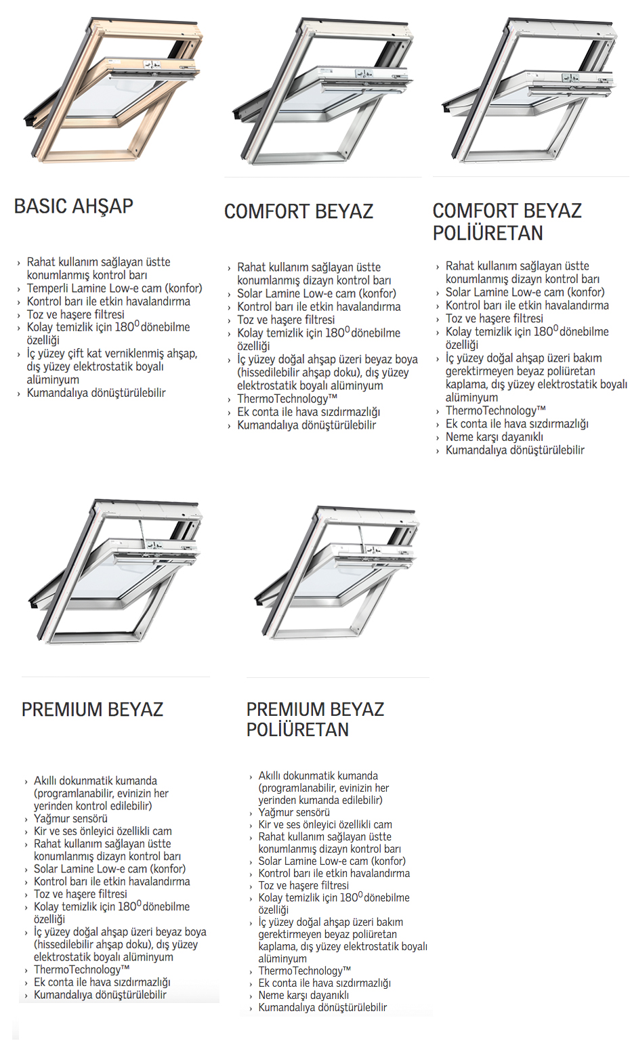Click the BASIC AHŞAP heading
(74, 206)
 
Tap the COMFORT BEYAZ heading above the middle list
(299, 211)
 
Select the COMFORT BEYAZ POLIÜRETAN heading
(507, 221)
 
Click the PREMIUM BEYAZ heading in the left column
(92, 709)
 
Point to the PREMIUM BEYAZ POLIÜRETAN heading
(315, 719)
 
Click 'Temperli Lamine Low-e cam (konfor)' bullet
(114, 289)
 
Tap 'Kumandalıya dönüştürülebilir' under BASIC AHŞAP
(96, 393)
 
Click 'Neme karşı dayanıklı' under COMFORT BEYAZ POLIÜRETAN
(494, 437)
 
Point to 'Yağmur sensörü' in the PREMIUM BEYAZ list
(70, 818)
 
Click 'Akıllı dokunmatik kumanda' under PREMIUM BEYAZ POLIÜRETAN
(318, 775)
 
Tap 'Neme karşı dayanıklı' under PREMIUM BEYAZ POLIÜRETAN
(303, 995)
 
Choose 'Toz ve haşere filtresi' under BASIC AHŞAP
(76, 314)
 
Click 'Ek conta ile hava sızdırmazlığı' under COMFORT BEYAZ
(308, 412)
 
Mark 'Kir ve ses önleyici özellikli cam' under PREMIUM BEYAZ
(103, 831)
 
